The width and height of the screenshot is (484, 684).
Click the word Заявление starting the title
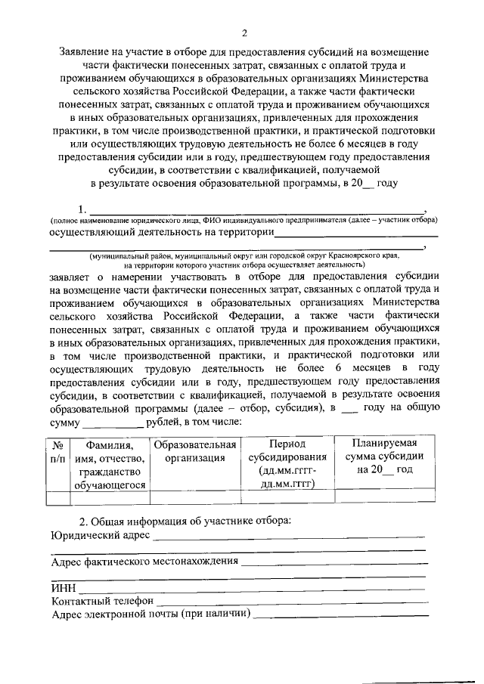pyautogui.click(x=90, y=54)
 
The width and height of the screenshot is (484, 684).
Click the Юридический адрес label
pyautogui.click(x=100, y=536)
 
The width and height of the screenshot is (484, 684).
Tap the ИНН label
pyautogui.click(x=62, y=589)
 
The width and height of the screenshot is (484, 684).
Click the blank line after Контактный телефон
pyautogui.click(x=291, y=602)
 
